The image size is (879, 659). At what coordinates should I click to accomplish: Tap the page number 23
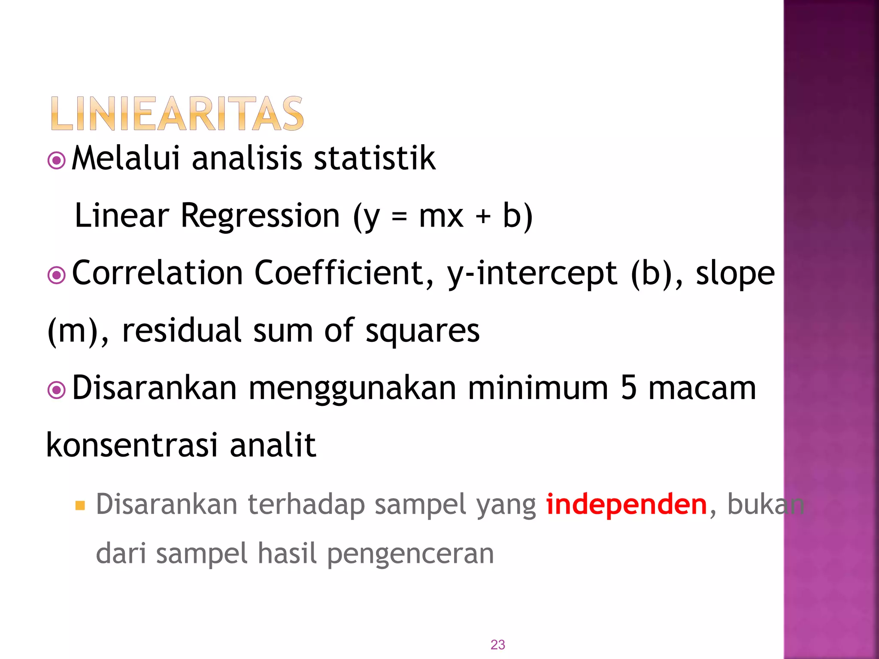pos(497,644)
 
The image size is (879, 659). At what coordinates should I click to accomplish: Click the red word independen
pos(626,505)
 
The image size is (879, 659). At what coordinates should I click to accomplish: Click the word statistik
pos(374,158)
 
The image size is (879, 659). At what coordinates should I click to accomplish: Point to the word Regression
pos(260,215)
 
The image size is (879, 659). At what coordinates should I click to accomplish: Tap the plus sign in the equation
pos(483,216)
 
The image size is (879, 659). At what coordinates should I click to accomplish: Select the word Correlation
pos(158,273)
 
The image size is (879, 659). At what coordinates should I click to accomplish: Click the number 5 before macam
pos(628,388)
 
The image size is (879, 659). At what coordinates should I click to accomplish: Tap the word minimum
pos(538,388)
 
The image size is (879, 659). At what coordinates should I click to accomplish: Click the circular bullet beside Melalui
pos(56,161)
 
